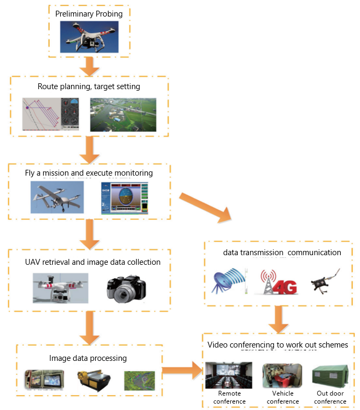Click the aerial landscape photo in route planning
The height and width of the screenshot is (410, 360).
[123, 114]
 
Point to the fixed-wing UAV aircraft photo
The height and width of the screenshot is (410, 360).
[57, 197]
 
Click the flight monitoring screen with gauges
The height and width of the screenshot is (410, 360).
[124, 198]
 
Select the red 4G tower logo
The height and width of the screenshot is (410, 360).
[277, 282]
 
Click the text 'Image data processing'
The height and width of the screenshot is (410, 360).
[88, 358]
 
